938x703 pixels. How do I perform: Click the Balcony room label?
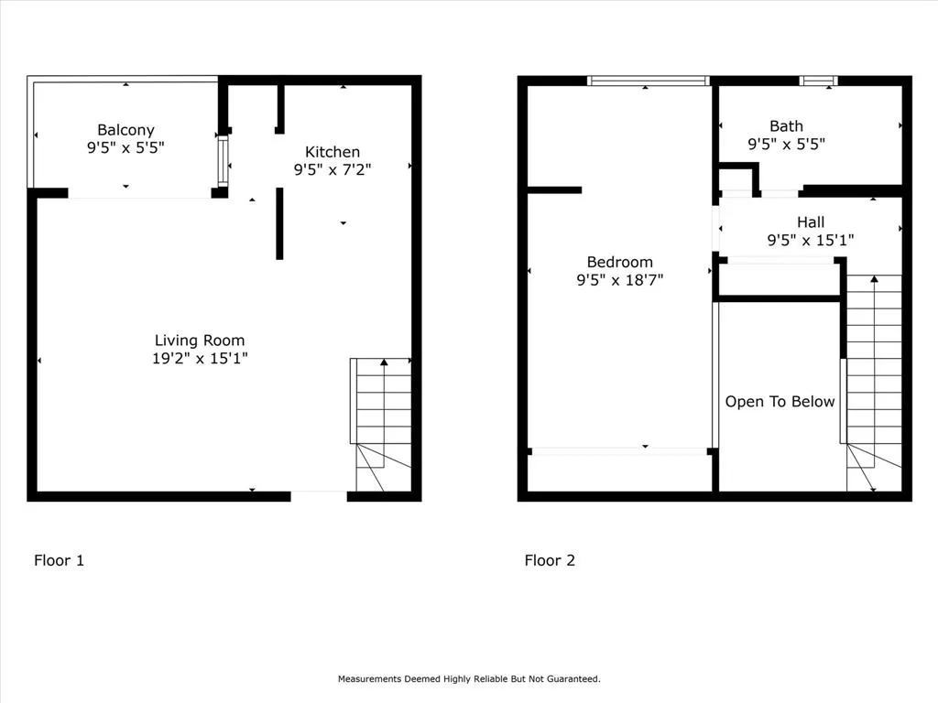[x=125, y=130]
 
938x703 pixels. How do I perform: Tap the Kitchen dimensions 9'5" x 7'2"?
[x=332, y=168]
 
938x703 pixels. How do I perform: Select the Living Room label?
[x=200, y=341]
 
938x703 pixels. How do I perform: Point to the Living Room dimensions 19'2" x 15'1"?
[x=200, y=359]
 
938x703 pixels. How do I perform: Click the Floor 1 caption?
[x=59, y=560]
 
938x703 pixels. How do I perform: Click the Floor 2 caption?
[x=550, y=560]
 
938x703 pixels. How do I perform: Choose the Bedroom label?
[x=619, y=263]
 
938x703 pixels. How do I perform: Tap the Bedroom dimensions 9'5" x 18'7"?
[x=619, y=280]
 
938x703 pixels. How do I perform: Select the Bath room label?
[x=786, y=126]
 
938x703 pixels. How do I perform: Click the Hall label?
[x=810, y=222]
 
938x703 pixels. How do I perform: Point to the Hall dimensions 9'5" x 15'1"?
[x=810, y=240]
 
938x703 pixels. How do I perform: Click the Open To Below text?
[x=780, y=401]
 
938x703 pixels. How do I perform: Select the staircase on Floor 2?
[x=873, y=384]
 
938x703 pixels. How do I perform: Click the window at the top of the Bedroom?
[x=649, y=81]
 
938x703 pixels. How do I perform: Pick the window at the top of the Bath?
[x=818, y=81]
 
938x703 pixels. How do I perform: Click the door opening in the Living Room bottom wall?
[x=319, y=496]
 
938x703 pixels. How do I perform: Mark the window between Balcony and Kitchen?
[x=222, y=162]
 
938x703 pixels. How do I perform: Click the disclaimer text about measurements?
[x=469, y=678]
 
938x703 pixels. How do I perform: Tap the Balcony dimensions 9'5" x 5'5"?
[x=125, y=146]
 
